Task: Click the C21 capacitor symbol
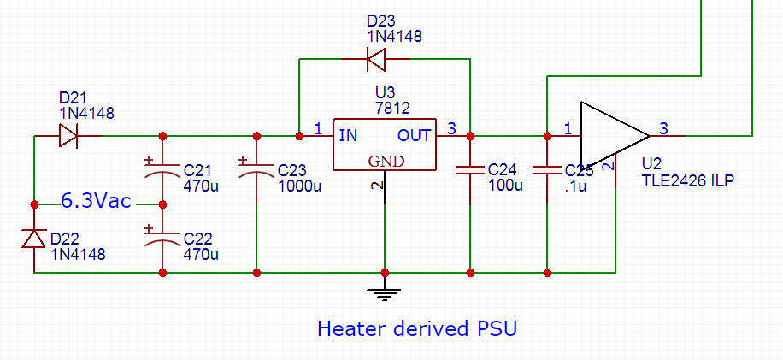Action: (162, 170)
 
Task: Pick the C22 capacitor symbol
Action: (162, 239)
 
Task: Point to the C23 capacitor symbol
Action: (256, 170)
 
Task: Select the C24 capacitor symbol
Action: (469, 169)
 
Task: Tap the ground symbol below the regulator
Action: (385, 293)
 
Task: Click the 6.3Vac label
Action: (95, 202)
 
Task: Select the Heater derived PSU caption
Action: (417, 328)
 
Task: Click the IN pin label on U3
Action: (348, 135)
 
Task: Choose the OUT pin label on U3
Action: (415, 135)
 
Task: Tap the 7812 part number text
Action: (392, 108)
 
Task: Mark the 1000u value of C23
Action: (299, 186)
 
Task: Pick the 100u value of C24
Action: (504, 186)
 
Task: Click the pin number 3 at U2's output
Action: (662, 128)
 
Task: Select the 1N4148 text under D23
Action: (394, 36)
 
